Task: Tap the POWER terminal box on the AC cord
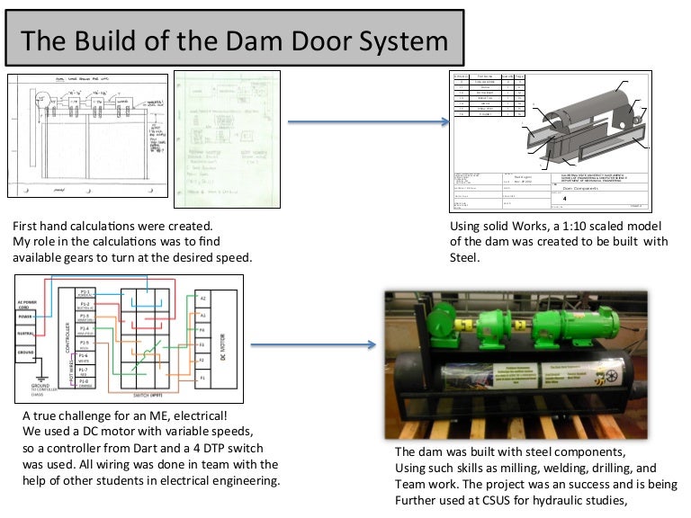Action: (27, 316)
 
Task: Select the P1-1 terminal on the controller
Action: (85, 294)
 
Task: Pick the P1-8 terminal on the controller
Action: (84, 381)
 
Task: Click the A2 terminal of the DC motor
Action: (202, 297)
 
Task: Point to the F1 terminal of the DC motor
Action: (202, 378)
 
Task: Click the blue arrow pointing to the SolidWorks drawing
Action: (369, 122)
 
